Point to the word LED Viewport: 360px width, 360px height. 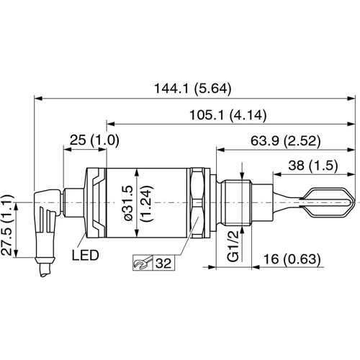pyautogui.click(x=86, y=256)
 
